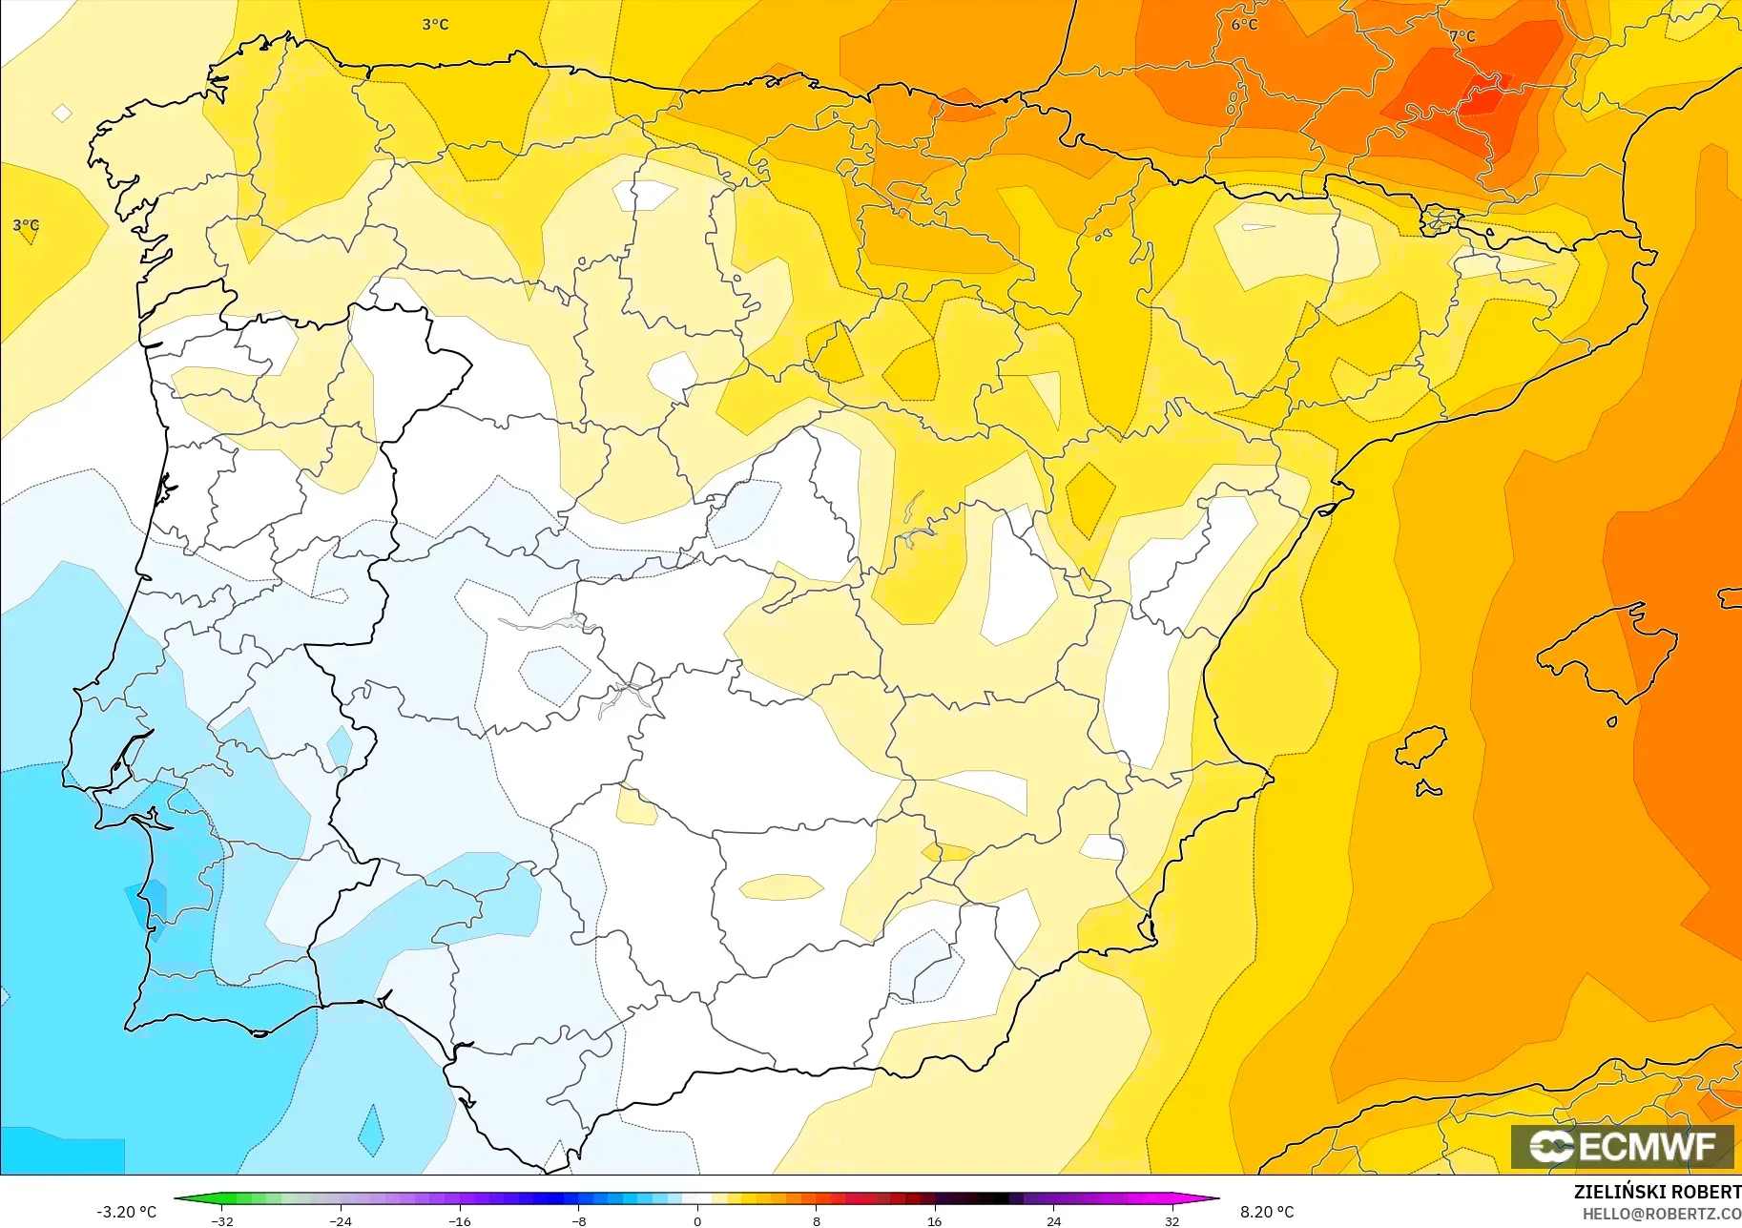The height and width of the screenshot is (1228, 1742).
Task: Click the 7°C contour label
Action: point(1462,36)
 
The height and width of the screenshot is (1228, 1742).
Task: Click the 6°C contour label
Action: point(1244,25)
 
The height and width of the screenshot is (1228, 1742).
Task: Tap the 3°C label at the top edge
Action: point(435,24)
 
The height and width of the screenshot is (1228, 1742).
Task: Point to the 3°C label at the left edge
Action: point(26,225)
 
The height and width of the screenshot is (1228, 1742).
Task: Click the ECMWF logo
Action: point(1622,1146)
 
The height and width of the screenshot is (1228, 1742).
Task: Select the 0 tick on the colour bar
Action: point(697,1220)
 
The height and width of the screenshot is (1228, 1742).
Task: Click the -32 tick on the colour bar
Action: point(222,1220)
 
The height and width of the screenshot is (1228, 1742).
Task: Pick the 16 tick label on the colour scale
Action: point(934,1220)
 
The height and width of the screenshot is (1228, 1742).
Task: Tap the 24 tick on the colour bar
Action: point(1053,1220)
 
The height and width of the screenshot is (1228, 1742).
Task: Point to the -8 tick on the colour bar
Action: point(579,1220)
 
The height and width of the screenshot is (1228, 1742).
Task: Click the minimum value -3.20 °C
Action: point(126,1212)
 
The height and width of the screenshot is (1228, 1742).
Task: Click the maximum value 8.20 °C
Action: point(1267,1212)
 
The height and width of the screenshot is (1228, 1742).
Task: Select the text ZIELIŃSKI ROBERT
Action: point(1656,1193)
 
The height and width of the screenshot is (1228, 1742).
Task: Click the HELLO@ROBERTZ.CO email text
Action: point(1661,1215)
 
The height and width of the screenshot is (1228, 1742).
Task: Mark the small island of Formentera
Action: point(1427,789)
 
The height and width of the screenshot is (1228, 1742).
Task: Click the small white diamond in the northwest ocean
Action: point(62,114)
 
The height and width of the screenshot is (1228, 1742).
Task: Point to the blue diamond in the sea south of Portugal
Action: point(370,1131)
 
